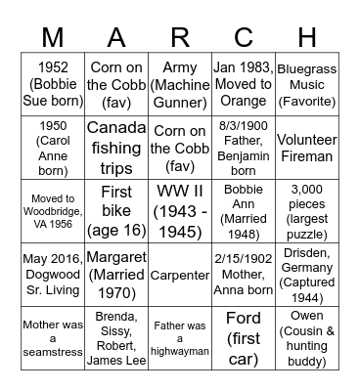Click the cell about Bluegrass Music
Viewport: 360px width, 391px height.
(x=305, y=85)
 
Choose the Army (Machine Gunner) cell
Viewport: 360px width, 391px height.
(x=180, y=85)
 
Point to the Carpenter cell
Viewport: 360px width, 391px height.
(x=180, y=275)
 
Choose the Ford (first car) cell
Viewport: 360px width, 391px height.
(x=243, y=337)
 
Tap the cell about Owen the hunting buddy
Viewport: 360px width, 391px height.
(x=305, y=337)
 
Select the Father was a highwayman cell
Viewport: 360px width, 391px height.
(x=180, y=337)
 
